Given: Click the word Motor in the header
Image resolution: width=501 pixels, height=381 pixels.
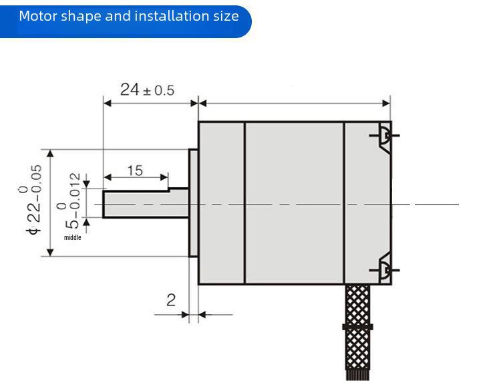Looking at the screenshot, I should (37, 16).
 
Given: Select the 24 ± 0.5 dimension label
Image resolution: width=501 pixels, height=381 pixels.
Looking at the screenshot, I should (146, 90).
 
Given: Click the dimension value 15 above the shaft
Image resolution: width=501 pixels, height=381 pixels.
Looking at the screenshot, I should (134, 170).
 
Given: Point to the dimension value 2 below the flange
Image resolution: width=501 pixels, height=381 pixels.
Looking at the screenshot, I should (171, 300).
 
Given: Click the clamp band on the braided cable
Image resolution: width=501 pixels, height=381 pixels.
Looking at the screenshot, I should (358, 327).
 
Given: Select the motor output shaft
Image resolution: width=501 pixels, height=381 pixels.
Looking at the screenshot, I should (144, 204).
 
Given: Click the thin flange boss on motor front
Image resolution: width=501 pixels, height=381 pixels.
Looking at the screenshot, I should (194, 203).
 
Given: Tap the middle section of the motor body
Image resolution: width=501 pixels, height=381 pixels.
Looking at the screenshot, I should (294, 203).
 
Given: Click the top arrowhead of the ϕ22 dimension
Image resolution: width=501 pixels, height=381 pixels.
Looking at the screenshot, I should (50, 153).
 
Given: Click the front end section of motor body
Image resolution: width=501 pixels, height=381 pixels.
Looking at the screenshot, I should (221, 203).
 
